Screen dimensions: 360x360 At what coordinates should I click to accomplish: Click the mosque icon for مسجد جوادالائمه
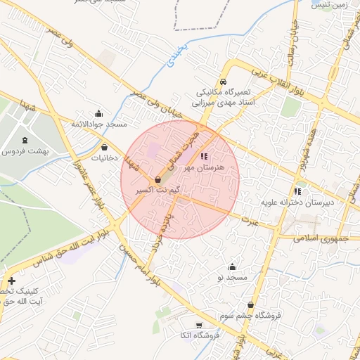point(98,114)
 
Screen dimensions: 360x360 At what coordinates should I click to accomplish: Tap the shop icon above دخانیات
point(105,148)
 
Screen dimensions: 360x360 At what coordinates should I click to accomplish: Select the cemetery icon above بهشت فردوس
point(25,140)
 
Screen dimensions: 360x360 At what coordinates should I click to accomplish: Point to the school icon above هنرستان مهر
point(204,157)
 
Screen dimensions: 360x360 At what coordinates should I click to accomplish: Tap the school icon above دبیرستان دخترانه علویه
point(298,191)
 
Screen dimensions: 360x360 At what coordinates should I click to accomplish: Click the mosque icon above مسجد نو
point(232,267)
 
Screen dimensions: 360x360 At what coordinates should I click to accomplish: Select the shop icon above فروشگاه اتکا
point(199,325)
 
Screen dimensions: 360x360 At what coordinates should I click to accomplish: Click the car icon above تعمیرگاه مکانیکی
point(223,81)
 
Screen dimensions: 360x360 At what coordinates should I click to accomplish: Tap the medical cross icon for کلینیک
point(11,281)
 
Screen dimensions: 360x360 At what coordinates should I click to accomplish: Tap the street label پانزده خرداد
point(161,237)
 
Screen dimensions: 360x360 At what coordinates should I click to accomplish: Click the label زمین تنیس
point(333,5)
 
